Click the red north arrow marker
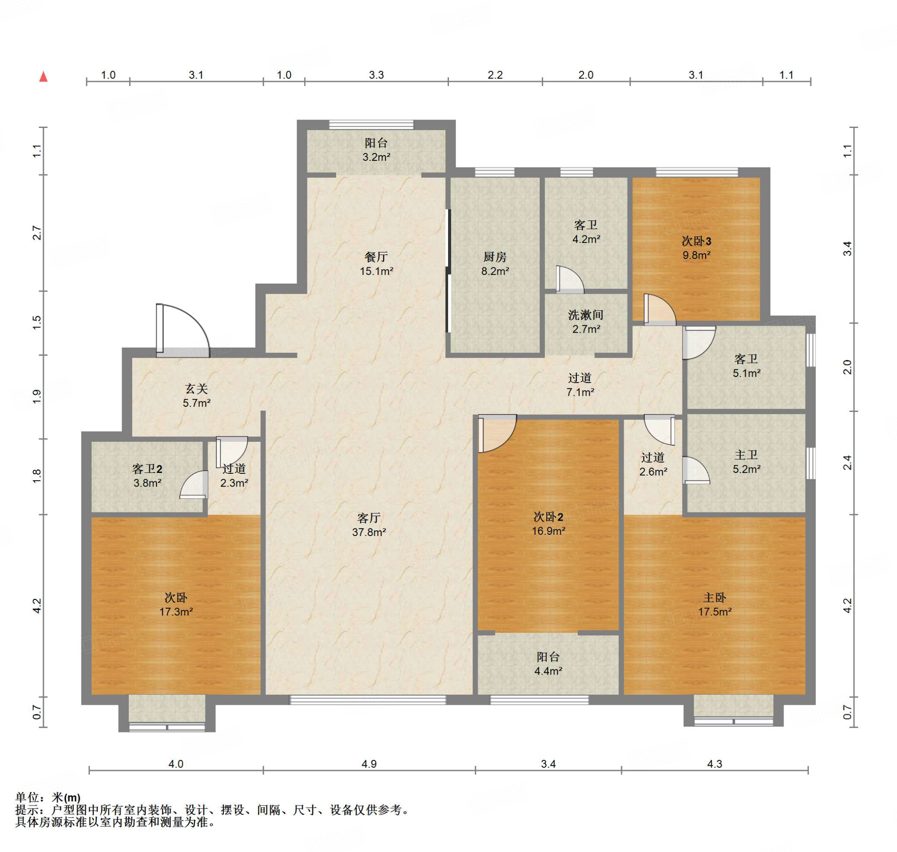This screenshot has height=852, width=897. [43, 76]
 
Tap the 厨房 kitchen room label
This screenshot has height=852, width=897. [495, 257]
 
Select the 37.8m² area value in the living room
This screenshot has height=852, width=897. [369, 532]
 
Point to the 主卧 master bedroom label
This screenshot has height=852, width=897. [714, 598]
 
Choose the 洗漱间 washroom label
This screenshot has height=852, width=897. [586, 315]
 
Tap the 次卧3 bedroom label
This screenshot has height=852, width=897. [696, 241]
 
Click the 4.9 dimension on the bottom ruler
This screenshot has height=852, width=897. [369, 764]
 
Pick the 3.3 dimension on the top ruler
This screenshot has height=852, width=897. [376, 75]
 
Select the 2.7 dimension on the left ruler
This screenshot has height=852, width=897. [37, 233]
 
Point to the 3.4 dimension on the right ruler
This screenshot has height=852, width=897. [848, 249]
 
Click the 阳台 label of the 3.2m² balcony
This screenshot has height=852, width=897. [376, 143]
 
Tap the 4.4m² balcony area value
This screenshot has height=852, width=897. [548, 671]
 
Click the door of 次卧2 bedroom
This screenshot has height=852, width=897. [497, 433]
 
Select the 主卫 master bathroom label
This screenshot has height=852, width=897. [746, 455]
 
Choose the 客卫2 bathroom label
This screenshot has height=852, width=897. [147, 469]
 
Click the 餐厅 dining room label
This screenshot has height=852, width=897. [376, 257]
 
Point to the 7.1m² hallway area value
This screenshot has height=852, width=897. [580, 392]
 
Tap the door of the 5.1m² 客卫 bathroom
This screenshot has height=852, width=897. [699, 343]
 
